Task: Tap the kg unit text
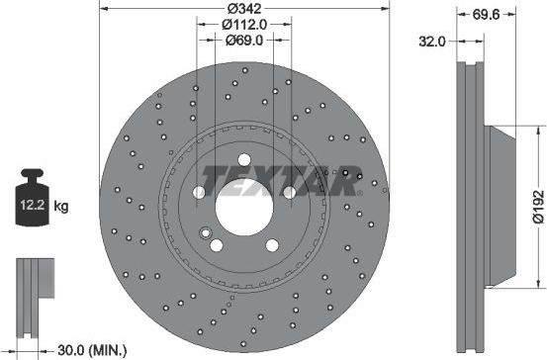click(61, 207)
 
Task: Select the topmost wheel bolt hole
click(243, 159)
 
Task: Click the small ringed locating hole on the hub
click(206, 234)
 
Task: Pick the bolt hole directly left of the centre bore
click(198, 190)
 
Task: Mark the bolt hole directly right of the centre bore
click(289, 190)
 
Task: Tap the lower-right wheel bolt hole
click(272, 243)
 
